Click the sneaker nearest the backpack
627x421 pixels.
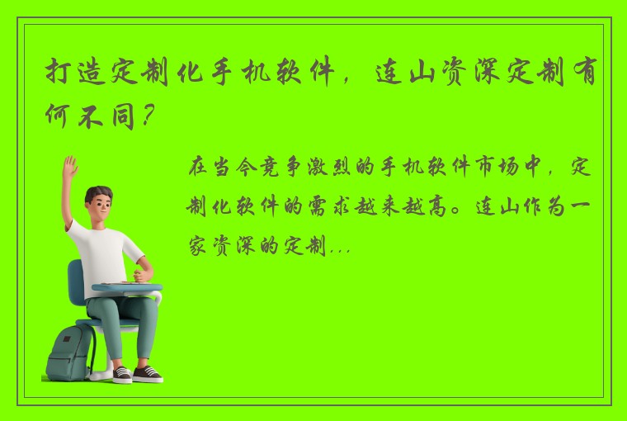pyautogui.click(x=121, y=374)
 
